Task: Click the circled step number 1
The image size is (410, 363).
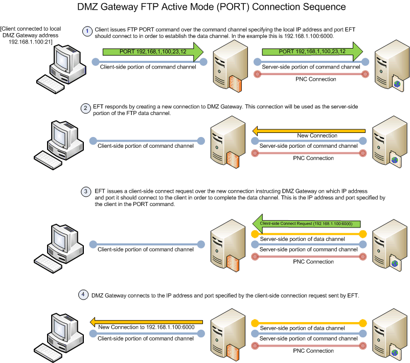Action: click(88, 31)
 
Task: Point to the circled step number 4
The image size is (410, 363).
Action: click(83, 296)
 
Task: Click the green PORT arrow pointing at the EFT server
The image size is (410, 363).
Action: click(312, 52)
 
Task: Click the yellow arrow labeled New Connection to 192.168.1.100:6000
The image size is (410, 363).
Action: click(147, 322)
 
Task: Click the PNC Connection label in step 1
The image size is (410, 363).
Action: click(315, 79)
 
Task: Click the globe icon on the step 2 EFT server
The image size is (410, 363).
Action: click(394, 161)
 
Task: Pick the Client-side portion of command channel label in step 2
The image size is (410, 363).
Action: click(146, 146)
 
